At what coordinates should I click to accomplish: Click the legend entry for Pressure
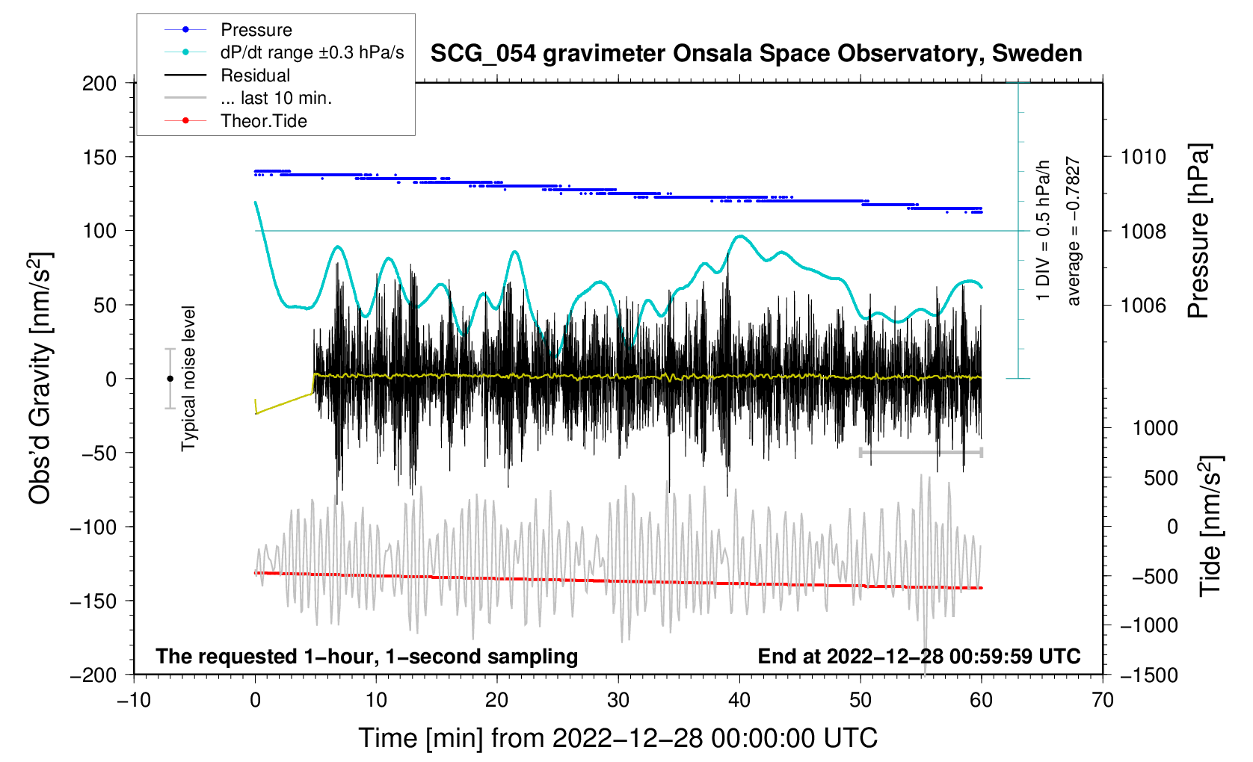click(256, 30)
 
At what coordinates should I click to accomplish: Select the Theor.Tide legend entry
click(263, 121)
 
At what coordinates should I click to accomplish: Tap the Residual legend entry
click(255, 75)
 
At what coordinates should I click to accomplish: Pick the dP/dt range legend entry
click(312, 52)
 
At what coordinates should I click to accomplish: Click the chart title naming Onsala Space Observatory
click(756, 54)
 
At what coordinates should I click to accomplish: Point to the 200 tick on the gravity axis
click(99, 83)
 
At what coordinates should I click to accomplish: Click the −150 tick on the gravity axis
click(93, 601)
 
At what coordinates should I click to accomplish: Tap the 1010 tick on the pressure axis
click(1143, 157)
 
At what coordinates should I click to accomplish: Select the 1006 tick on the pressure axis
click(1143, 305)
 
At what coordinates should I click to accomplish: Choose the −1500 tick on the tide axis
click(1149, 675)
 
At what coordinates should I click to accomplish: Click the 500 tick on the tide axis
click(1160, 478)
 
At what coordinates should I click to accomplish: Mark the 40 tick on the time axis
click(739, 700)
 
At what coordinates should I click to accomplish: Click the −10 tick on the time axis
click(134, 700)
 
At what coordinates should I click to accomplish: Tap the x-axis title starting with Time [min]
click(618, 738)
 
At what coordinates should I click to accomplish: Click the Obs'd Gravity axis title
click(40, 378)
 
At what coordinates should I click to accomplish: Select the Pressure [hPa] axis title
click(1198, 231)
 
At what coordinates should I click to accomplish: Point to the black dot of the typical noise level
click(170, 379)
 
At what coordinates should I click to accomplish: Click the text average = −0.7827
click(1074, 231)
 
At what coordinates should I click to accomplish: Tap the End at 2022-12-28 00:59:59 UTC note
click(919, 657)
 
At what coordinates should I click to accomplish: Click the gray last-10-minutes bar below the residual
click(921, 452)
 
